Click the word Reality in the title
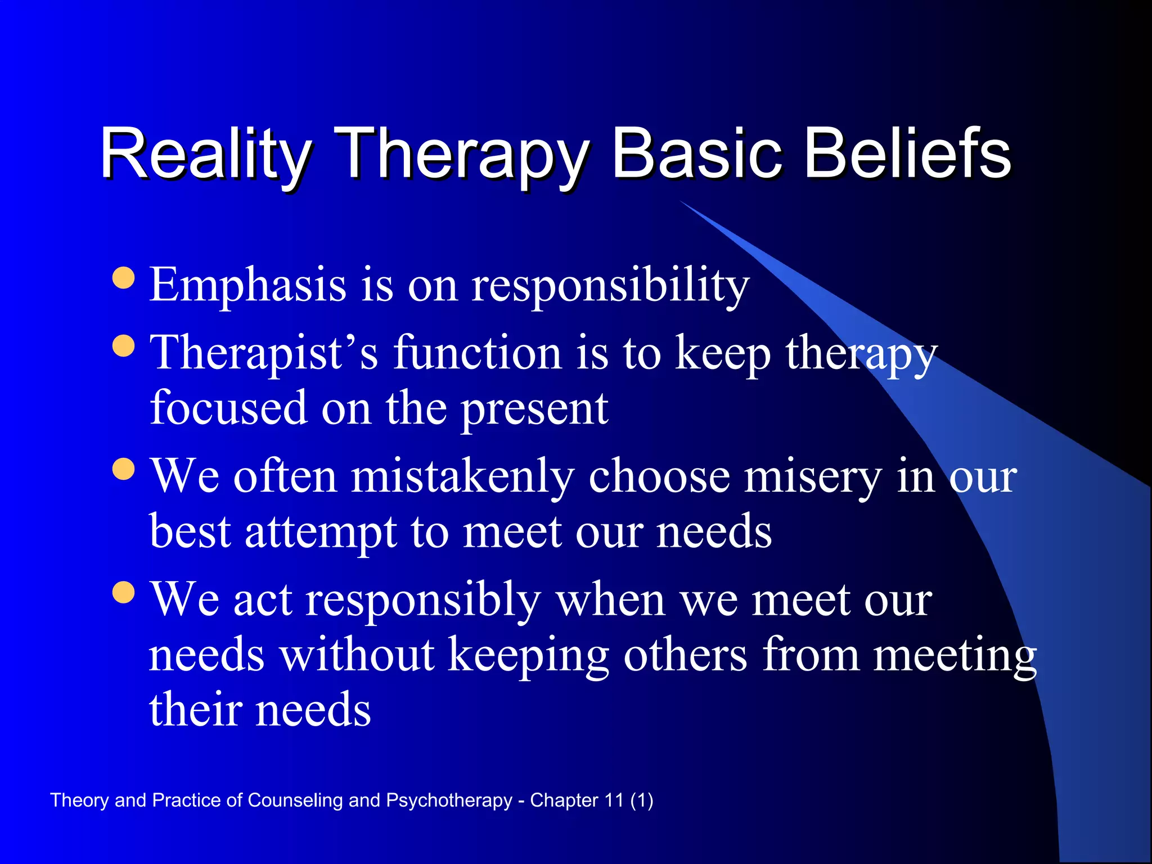[205, 153]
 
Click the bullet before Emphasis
[124, 278]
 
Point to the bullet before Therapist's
[124, 346]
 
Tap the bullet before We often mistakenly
[124, 469]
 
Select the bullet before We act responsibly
[124, 592]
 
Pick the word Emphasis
[247, 286]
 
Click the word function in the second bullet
[477, 353]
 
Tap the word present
[534, 409]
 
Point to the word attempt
[321, 532]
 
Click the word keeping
[528, 656]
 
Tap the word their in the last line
[195, 710]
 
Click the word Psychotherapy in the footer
[449, 800]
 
